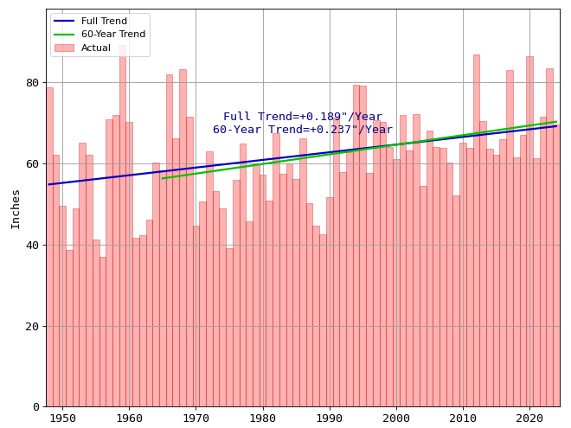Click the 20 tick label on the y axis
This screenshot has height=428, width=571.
click(32, 326)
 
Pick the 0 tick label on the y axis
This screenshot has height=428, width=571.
click(35, 407)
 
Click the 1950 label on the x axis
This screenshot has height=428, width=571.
click(62, 419)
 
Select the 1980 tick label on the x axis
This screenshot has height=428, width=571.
click(263, 419)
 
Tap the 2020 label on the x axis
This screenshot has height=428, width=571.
click(529, 419)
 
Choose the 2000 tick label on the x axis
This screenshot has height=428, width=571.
click(396, 419)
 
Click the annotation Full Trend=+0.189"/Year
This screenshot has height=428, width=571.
click(303, 117)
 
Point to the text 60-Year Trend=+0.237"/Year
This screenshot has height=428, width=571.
click(303, 130)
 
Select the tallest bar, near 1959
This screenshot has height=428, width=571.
click(123, 225)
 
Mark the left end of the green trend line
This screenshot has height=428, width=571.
click(162, 178)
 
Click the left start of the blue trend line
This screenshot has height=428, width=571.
click(48, 184)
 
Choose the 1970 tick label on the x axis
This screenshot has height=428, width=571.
click(196, 419)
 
